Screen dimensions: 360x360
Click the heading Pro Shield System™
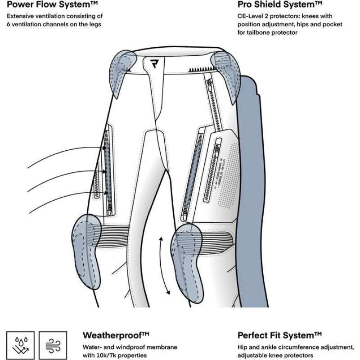[x=279, y=5]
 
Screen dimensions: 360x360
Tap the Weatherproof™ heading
[x=116, y=335]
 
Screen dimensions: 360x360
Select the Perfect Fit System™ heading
[x=279, y=335]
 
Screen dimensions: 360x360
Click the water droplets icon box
[x=20, y=346]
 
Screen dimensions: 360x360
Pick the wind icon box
[x=53, y=346]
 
